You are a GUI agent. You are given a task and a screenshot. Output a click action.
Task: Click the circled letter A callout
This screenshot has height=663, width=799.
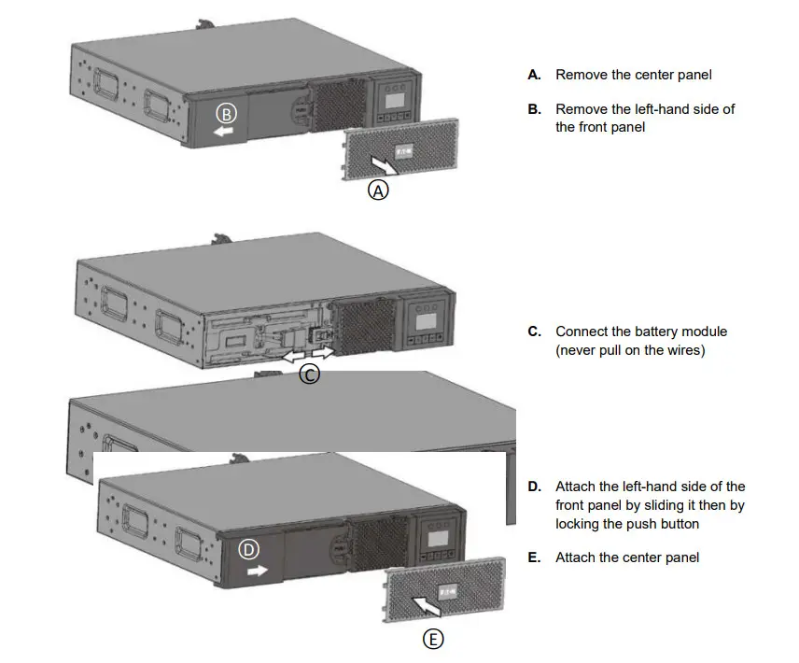click(x=378, y=190)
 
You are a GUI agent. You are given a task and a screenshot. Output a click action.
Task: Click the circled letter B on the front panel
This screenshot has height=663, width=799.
click(x=227, y=114)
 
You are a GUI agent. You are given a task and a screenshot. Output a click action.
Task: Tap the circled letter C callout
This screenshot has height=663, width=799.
click(x=309, y=374)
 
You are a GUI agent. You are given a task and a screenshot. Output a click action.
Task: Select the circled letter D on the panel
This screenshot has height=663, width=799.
click(x=249, y=550)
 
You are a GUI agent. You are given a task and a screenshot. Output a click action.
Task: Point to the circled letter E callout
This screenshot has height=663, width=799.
click(x=433, y=639)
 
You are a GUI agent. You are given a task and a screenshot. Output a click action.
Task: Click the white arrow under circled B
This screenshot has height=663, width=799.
click(x=223, y=133)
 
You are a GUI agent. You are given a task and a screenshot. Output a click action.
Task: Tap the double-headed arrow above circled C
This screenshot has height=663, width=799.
click(x=308, y=356)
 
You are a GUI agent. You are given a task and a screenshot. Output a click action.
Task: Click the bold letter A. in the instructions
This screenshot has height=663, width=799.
click(x=534, y=74)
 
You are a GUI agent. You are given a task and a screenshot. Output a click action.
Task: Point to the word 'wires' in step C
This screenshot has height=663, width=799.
click(x=685, y=350)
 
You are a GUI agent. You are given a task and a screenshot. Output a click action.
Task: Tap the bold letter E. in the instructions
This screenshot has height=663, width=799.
click(x=534, y=557)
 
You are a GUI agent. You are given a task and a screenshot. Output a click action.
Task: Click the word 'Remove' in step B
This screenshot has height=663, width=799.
click(x=581, y=109)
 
